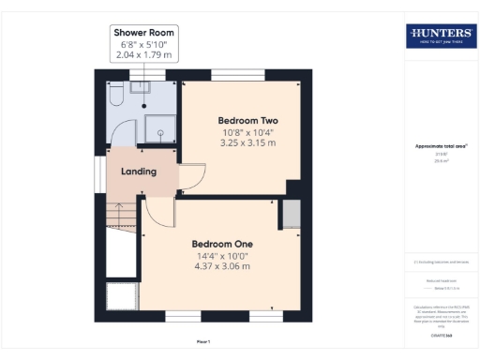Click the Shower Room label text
143,33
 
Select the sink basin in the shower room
140,88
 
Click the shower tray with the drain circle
161,132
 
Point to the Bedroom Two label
247,121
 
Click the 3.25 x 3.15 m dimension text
247,143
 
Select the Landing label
138,172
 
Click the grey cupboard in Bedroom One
291,214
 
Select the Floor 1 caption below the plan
203,342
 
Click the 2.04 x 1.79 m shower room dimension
143,55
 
